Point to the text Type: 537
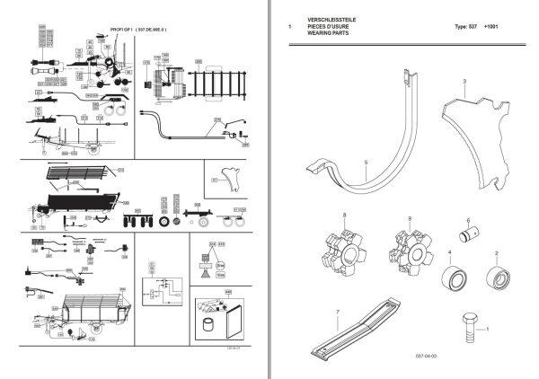(x=467, y=27)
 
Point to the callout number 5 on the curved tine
(x=366, y=162)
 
